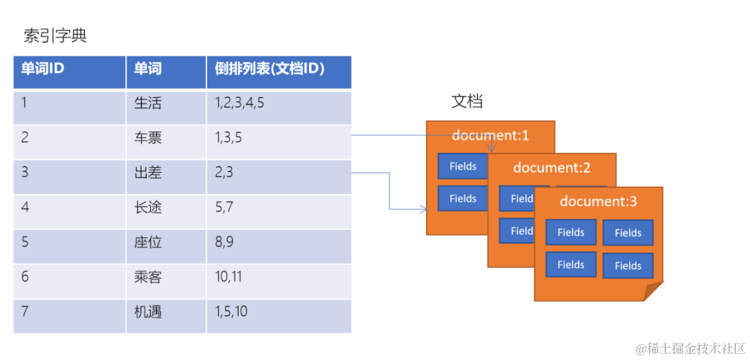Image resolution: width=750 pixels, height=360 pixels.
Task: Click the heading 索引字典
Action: (x=55, y=36)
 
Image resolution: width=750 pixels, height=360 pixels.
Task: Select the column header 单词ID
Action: (x=43, y=69)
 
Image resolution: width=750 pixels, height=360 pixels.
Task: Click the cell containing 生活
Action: (x=148, y=103)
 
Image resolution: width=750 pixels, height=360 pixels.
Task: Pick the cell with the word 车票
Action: (x=148, y=138)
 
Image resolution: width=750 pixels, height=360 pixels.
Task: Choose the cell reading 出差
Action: (x=148, y=172)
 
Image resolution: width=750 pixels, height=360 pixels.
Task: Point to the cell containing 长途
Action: (x=148, y=207)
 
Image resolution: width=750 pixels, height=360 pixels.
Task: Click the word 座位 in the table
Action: (x=148, y=242)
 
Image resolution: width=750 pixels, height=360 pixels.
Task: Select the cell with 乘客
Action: (x=148, y=277)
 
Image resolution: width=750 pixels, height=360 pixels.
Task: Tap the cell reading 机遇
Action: (x=148, y=312)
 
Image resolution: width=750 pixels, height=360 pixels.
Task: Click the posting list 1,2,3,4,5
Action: (x=239, y=103)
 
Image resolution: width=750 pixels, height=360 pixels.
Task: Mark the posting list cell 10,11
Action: (x=228, y=277)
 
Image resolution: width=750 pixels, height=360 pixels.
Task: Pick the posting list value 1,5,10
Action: (x=231, y=312)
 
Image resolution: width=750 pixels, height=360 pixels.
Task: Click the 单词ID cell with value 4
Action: (x=25, y=207)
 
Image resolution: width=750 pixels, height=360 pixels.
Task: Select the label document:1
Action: (x=490, y=135)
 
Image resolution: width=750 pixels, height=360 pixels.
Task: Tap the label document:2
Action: (x=552, y=167)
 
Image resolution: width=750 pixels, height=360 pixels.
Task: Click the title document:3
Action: (x=598, y=201)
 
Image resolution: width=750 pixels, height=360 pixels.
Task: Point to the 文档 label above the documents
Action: (x=467, y=101)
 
